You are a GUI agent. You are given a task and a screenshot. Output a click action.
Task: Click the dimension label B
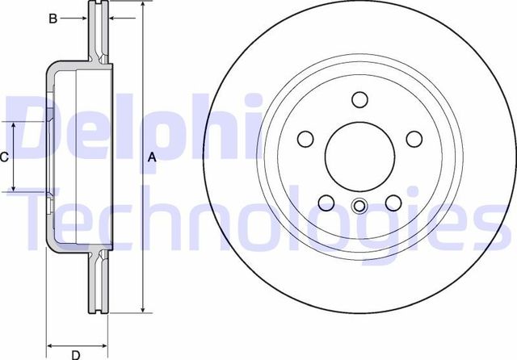coord(53,18)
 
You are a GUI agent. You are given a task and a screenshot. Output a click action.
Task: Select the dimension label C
coord(4,157)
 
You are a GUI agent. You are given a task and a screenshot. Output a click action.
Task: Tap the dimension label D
coord(75,354)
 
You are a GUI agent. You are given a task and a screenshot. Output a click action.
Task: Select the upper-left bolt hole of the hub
coord(306,139)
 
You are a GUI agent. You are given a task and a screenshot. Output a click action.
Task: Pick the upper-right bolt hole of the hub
coord(414,139)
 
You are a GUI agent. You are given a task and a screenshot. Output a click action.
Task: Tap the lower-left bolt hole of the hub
coord(327,203)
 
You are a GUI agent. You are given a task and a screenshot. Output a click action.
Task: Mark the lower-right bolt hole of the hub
coord(393,203)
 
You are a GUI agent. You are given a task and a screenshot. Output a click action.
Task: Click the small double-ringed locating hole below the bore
coord(360,206)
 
